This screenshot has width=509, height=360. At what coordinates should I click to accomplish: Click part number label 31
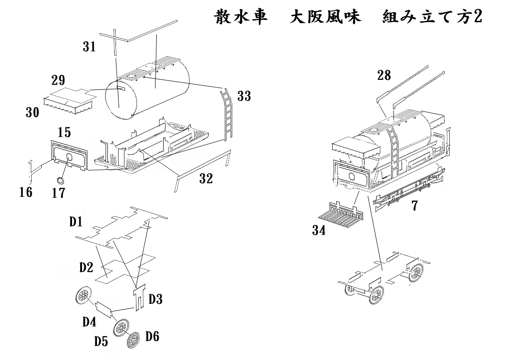(90, 47)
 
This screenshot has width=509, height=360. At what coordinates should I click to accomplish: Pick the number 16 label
(26, 192)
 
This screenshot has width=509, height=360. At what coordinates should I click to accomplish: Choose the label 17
(58, 193)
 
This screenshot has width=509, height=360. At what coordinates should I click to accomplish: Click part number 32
(206, 179)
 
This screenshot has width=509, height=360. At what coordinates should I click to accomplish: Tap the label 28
(384, 75)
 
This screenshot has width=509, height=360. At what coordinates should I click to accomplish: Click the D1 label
(76, 223)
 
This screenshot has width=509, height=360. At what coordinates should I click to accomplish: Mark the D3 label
(155, 299)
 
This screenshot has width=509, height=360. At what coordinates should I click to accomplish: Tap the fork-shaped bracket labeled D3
(139, 296)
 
